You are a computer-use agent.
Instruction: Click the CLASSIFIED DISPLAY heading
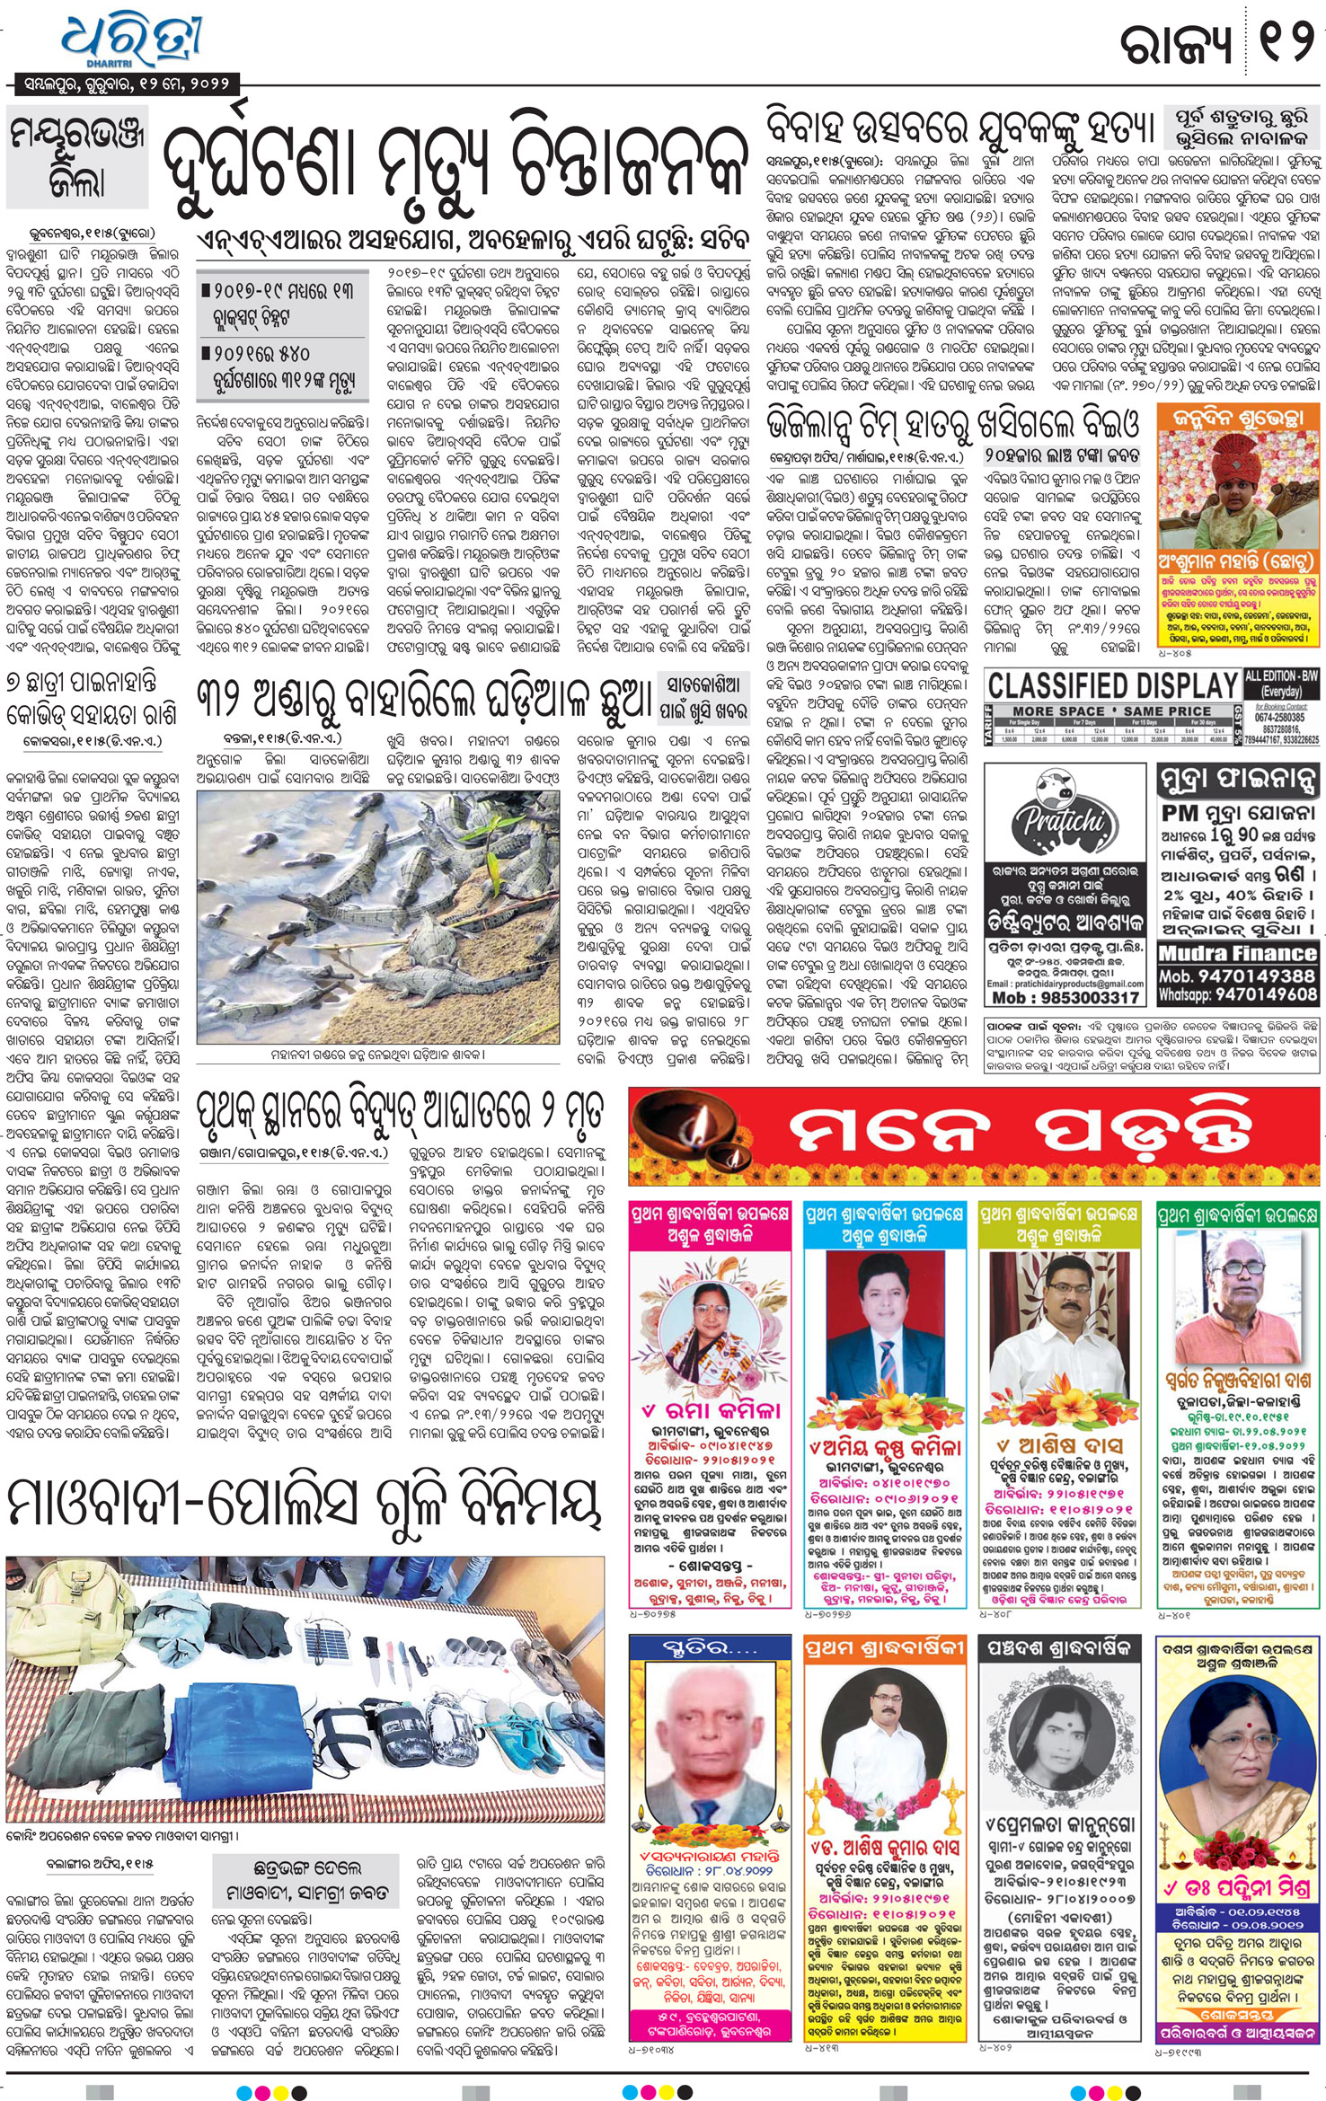coord(1113,686)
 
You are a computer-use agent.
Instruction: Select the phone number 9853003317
coord(1065,998)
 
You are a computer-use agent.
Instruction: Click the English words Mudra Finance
coord(1237,954)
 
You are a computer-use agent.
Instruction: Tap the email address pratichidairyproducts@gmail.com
coord(1065,984)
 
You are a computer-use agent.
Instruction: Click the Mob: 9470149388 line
coord(1238,975)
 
